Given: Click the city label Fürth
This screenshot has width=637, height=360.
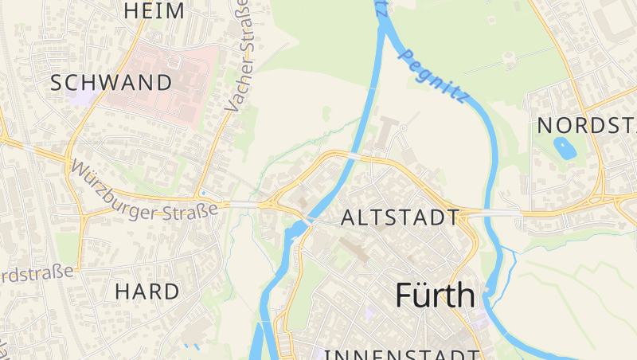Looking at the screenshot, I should pyautogui.click(x=435, y=295).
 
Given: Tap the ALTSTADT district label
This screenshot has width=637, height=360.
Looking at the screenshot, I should pyautogui.click(x=400, y=217).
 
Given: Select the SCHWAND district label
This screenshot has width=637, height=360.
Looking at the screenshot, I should pyautogui.click(x=111, y=82).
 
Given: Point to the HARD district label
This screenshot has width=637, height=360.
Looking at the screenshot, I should pyautogui.click(x=147, y=292).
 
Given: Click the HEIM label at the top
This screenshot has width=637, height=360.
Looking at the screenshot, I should pyautogui.click(x=154, y=10).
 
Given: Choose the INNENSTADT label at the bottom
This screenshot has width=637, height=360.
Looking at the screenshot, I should pyautogui.click(x=402, y=354).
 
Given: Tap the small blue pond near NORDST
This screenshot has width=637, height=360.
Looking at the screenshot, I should pyautogui.click(x=564, y=147).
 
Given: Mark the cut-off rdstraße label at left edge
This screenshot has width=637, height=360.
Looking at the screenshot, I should pyautogui.click(x=37, y=273).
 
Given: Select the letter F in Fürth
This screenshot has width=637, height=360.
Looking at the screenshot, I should pyautogui.click(x=404, y=295).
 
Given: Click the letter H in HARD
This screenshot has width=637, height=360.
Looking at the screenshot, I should pyautogui.click(x=122, y=292).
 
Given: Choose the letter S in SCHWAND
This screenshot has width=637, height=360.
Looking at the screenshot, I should pyautogui.click(x=57, y=82).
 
